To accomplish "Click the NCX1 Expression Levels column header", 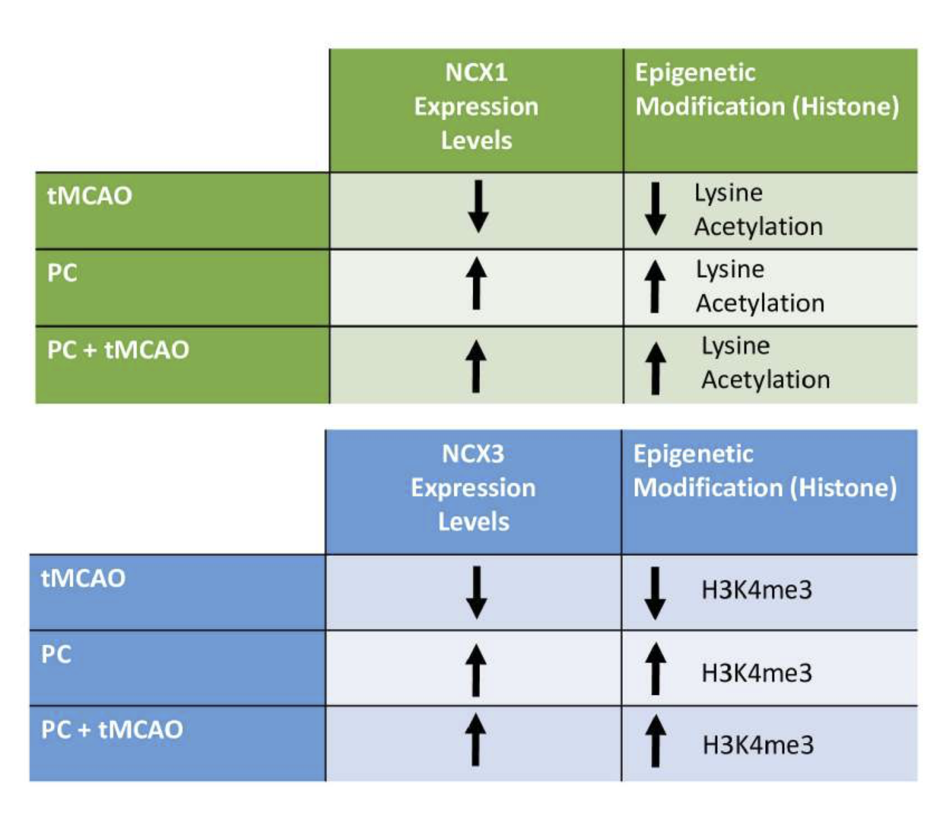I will click(x=476, y=106).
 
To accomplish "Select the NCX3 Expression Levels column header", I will click(x=473, y=488).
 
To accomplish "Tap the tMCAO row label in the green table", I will click(x=89, y=196).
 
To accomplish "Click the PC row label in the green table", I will click(x=62, y=272).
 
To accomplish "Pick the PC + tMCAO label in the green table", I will click(x=118, y=350).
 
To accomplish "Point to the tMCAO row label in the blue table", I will click(x=83, y=578).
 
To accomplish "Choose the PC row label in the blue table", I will click(x=56, y=654).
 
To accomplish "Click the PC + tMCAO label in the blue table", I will click(x=113, y=730).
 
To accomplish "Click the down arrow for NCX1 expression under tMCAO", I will click(x=478, y=207).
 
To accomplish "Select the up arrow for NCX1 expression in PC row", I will click(x=476, y=283).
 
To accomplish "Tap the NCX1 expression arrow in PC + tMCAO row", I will click(x=476, y=366).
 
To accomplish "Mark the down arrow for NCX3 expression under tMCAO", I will click(x=476, y=592).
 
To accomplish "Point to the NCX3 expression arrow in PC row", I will click(x=476, y=669).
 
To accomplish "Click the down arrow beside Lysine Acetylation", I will click(x=655, y=209).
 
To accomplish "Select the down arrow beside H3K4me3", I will click(x=655, y=593).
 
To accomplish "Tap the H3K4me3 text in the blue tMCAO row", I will click(x=756, y=590).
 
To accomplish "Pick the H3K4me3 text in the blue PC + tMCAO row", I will click(x=758, y=745).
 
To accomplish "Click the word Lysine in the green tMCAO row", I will click(x=729, y=193).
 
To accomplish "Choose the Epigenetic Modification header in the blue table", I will click(x=765, y=472).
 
